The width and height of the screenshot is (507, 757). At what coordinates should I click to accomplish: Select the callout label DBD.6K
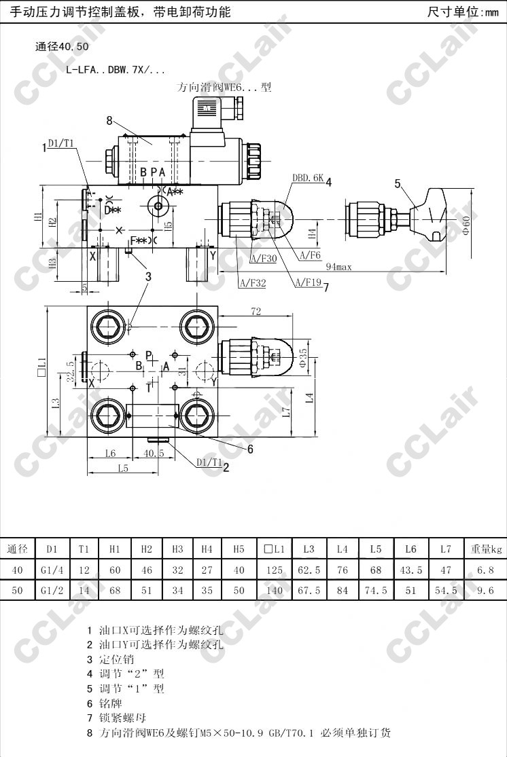point(308,178)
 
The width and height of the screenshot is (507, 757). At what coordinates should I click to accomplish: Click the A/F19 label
point(308,283)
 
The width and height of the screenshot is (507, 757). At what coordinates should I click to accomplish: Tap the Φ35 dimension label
point(303,356)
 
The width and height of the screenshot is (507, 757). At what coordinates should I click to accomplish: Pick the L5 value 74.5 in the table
point(376,591)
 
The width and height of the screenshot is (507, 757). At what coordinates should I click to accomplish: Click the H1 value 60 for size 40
point(115,570)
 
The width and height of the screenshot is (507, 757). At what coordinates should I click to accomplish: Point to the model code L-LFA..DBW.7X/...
point(115,69)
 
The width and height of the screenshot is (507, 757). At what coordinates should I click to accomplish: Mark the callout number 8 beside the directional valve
point(109,121)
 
